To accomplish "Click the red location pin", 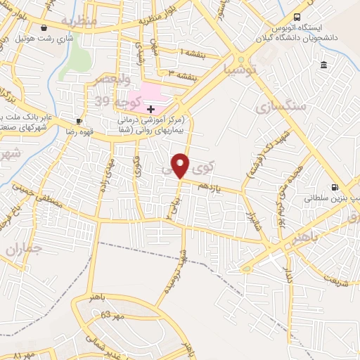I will click(181, 165).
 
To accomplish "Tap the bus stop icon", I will click(298, 17).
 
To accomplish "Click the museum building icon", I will click(323, 66).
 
